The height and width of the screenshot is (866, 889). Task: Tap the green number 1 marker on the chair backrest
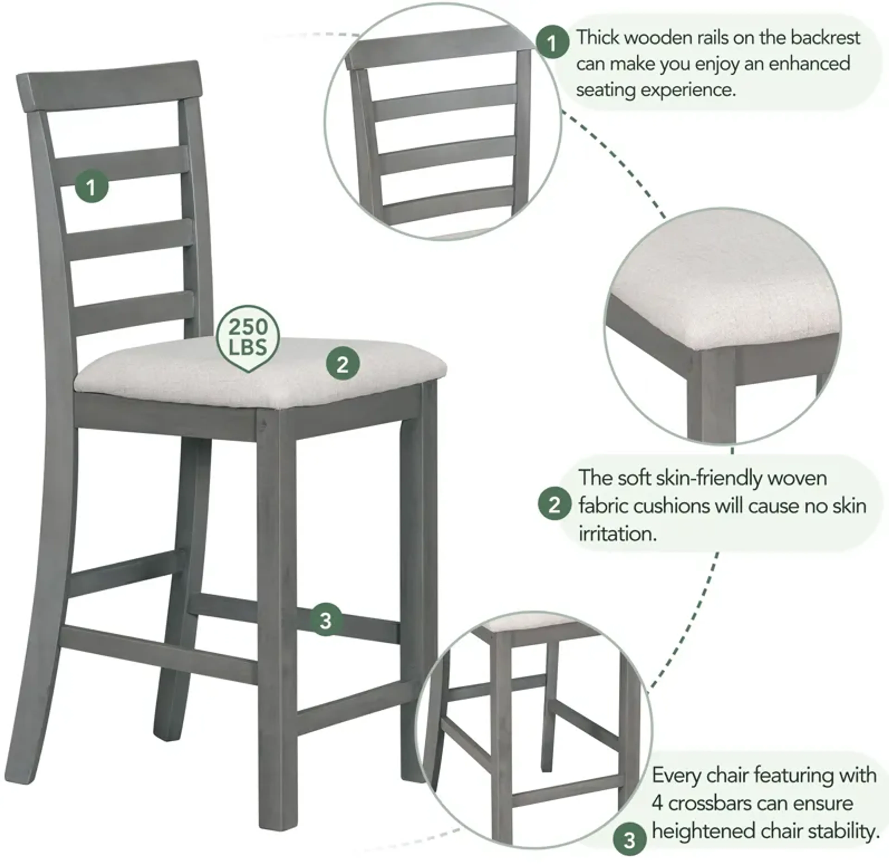91,186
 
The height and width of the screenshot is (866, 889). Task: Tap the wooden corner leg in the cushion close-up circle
709,396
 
